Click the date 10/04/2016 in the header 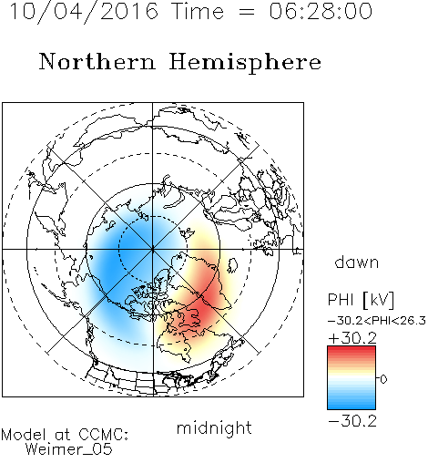pos(84,12)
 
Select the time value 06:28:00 pos(321,11)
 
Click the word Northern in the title pos(97,61)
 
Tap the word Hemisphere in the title pos(245,63)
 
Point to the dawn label pos(357,262)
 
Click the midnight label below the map pos(214,428)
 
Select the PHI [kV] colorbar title pos(361,300)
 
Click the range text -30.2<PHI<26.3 pos(377,321)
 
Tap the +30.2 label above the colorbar pos(352,338)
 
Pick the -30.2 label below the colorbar pos(352,421)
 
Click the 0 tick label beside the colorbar pos(383,379)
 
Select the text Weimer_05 pos(69,449)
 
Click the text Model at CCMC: pos(65,435)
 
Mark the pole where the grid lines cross pos(153,250)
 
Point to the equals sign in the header pos(247,13)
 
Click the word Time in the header pos(198,11)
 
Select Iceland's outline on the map pos(232,265)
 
